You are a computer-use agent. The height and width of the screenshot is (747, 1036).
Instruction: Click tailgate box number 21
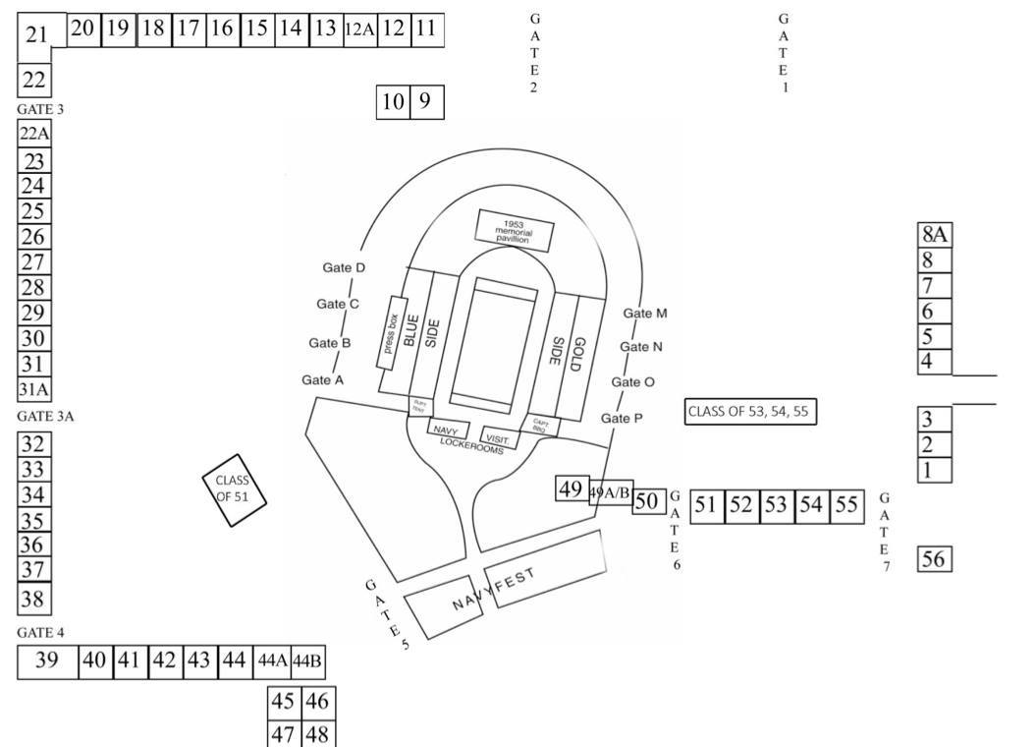coord(37,36)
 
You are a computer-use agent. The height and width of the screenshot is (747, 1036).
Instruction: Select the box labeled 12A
coord(359,29)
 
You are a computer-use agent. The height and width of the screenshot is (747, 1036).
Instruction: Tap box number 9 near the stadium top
coord(426,101)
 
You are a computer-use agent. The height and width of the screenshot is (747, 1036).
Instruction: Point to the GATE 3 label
coord(40,109)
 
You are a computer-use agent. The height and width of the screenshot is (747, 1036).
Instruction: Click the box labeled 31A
coord(33,389)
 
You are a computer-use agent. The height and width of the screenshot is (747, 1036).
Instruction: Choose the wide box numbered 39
coord(47,661)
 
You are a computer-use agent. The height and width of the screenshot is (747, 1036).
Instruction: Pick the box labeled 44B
coord(307,661)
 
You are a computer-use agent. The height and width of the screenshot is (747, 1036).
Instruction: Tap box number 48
coord(316,733)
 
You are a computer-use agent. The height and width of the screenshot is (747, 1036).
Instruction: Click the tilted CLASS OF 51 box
coord(234,488)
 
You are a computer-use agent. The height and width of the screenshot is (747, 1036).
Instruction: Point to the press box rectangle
coord(391,333)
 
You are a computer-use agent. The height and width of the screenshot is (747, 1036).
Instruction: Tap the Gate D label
coord(344,267)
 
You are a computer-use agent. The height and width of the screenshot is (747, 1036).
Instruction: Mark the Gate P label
coord(622,418)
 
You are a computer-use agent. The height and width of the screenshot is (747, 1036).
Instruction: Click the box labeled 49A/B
coord(610,492)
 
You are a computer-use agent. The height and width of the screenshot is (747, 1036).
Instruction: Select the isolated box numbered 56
coord(935,559)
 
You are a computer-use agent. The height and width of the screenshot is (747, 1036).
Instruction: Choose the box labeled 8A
coord(935,234)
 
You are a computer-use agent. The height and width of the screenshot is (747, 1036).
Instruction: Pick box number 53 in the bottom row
coord(776,505)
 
